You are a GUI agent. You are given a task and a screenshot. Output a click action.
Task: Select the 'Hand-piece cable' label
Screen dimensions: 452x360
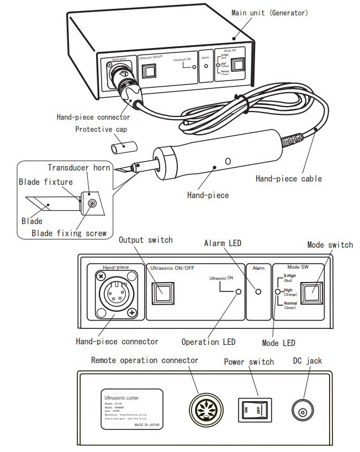click(x=288, y=178)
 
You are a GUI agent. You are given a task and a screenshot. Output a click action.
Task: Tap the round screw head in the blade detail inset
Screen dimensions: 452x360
click(x=91, y=204)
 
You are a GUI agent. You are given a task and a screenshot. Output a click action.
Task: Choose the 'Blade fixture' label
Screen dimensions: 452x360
click(x=46, y=182)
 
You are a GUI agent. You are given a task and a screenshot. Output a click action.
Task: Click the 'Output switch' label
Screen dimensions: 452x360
click(x=146, y=240)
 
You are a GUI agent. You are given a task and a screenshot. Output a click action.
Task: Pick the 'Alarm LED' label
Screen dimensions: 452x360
click(x=223, y=243)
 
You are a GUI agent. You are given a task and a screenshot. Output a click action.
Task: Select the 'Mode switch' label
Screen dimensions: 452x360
click(x=330, y=244)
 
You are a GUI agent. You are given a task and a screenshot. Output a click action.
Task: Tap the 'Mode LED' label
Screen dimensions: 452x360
click(x=276, y=343)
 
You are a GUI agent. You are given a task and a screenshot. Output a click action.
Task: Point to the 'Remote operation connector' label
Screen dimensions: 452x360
click(x=144, y=360)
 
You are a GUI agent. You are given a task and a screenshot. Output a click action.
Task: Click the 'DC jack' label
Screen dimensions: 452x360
click(x=307, y=361)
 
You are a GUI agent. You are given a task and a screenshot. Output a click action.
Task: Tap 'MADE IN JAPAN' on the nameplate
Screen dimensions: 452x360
click(x=147, y=426)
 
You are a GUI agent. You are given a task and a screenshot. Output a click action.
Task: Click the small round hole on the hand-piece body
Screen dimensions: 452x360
click(x=227, y=161)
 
